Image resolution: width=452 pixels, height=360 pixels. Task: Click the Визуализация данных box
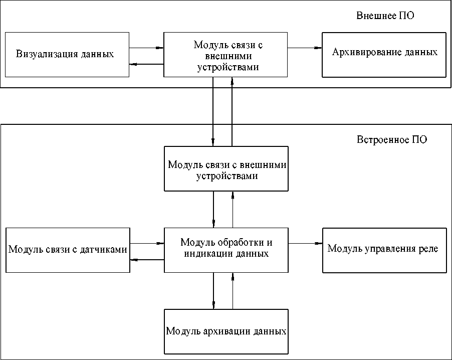click(67, 54)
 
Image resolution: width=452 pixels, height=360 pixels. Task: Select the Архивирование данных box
click(384, 55)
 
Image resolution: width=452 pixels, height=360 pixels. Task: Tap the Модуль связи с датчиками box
click(67, 250)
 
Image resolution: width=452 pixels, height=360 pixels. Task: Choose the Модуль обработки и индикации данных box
click(227, 250)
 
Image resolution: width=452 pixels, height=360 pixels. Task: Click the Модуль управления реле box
click(384, 250)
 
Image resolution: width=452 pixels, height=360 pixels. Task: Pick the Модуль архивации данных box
click(227, 331)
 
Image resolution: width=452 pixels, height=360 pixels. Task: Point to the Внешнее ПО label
click(385, 16)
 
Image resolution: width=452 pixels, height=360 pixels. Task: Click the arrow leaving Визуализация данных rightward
click(147, 48)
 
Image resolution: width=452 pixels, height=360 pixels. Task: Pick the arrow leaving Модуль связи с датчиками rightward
click(147, 243)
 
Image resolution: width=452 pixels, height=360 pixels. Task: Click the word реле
click(428, 249)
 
